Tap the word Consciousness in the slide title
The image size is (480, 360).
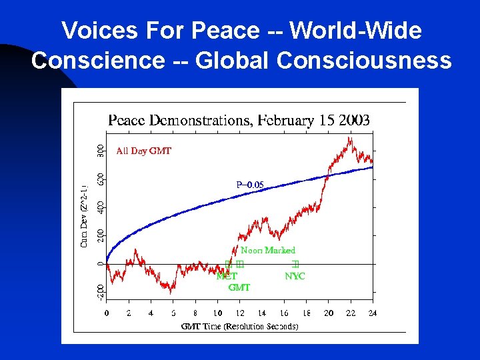[x=364, y=60]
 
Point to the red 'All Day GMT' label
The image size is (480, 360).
[x=143, y=151]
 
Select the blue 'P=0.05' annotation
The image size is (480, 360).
[x=250, y=185]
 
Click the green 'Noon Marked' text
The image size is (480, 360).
[x=267, y=250]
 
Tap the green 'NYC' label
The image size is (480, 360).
[x=295, y=276]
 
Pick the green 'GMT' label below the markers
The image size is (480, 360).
[x=239, y=287]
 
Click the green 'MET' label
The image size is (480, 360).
[x=226, y=276]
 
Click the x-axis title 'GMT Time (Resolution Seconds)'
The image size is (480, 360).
[x=239, y=326]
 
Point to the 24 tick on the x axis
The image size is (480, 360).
[x=373, y=313]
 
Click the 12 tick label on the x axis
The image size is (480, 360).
[x=239, y=313]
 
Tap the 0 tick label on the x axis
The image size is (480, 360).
[x=107, y=313]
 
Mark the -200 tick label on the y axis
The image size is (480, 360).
[x=99, y=291]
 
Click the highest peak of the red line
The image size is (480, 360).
[x=350, y=138]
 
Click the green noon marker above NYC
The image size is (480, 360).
[x=295, y=265]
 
